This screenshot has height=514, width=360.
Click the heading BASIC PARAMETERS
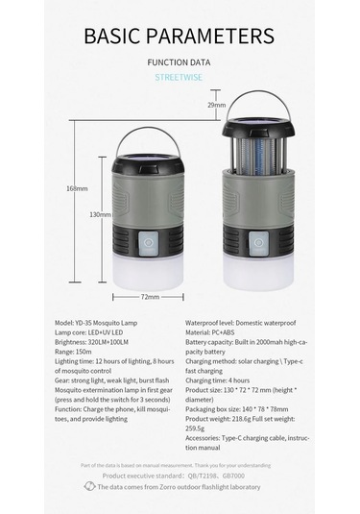tap(180, 37)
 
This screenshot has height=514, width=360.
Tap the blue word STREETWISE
tap(180, 80)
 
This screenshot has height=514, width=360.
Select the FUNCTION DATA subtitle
tap(180, 63)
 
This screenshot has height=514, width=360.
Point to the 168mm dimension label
tap(77, 188)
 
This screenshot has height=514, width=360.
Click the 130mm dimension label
tap(100, 214)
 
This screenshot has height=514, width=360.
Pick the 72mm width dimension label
tap(150, 297)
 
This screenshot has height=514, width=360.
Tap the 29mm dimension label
tap(217, 105)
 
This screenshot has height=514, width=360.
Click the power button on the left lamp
tap(149, 244)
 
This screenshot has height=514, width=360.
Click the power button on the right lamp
tap(259, 244)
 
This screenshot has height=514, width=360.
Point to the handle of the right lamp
tap(257, 101)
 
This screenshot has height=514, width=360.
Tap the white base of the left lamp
tap(149, 273)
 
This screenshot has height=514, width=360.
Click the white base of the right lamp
tap(259, 273)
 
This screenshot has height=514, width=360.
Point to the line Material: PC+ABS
tap(216, 332)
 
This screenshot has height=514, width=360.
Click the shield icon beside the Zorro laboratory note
tap(102, 487)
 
